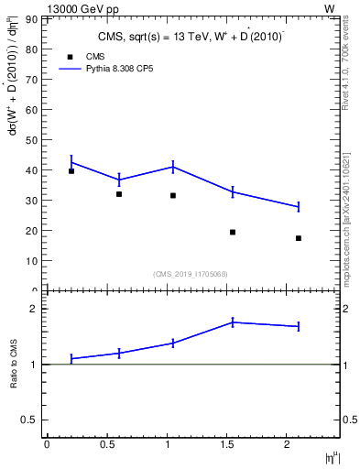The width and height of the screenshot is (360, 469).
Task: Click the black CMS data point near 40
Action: (x=71, y=171)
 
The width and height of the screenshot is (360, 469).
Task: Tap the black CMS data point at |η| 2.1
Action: (x=299, y=238)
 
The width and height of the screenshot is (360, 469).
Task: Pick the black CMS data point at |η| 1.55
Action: (x=233, y=232)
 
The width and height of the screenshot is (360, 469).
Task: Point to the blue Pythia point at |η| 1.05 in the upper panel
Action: (x=173, y=167)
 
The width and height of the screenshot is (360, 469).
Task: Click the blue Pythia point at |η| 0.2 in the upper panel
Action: (x=71, y=162)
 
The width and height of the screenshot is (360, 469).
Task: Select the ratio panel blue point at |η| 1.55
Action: (x=233, y=322)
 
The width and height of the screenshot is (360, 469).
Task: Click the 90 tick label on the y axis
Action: (x=31, y=19)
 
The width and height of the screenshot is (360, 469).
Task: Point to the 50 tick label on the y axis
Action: (x=31, y=140)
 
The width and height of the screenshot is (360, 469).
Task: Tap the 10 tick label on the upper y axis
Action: (x=31, y=261)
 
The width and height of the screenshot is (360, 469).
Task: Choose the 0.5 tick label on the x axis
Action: (x=106, y=444)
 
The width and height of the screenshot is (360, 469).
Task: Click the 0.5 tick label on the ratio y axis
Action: (x=28, y=420)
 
